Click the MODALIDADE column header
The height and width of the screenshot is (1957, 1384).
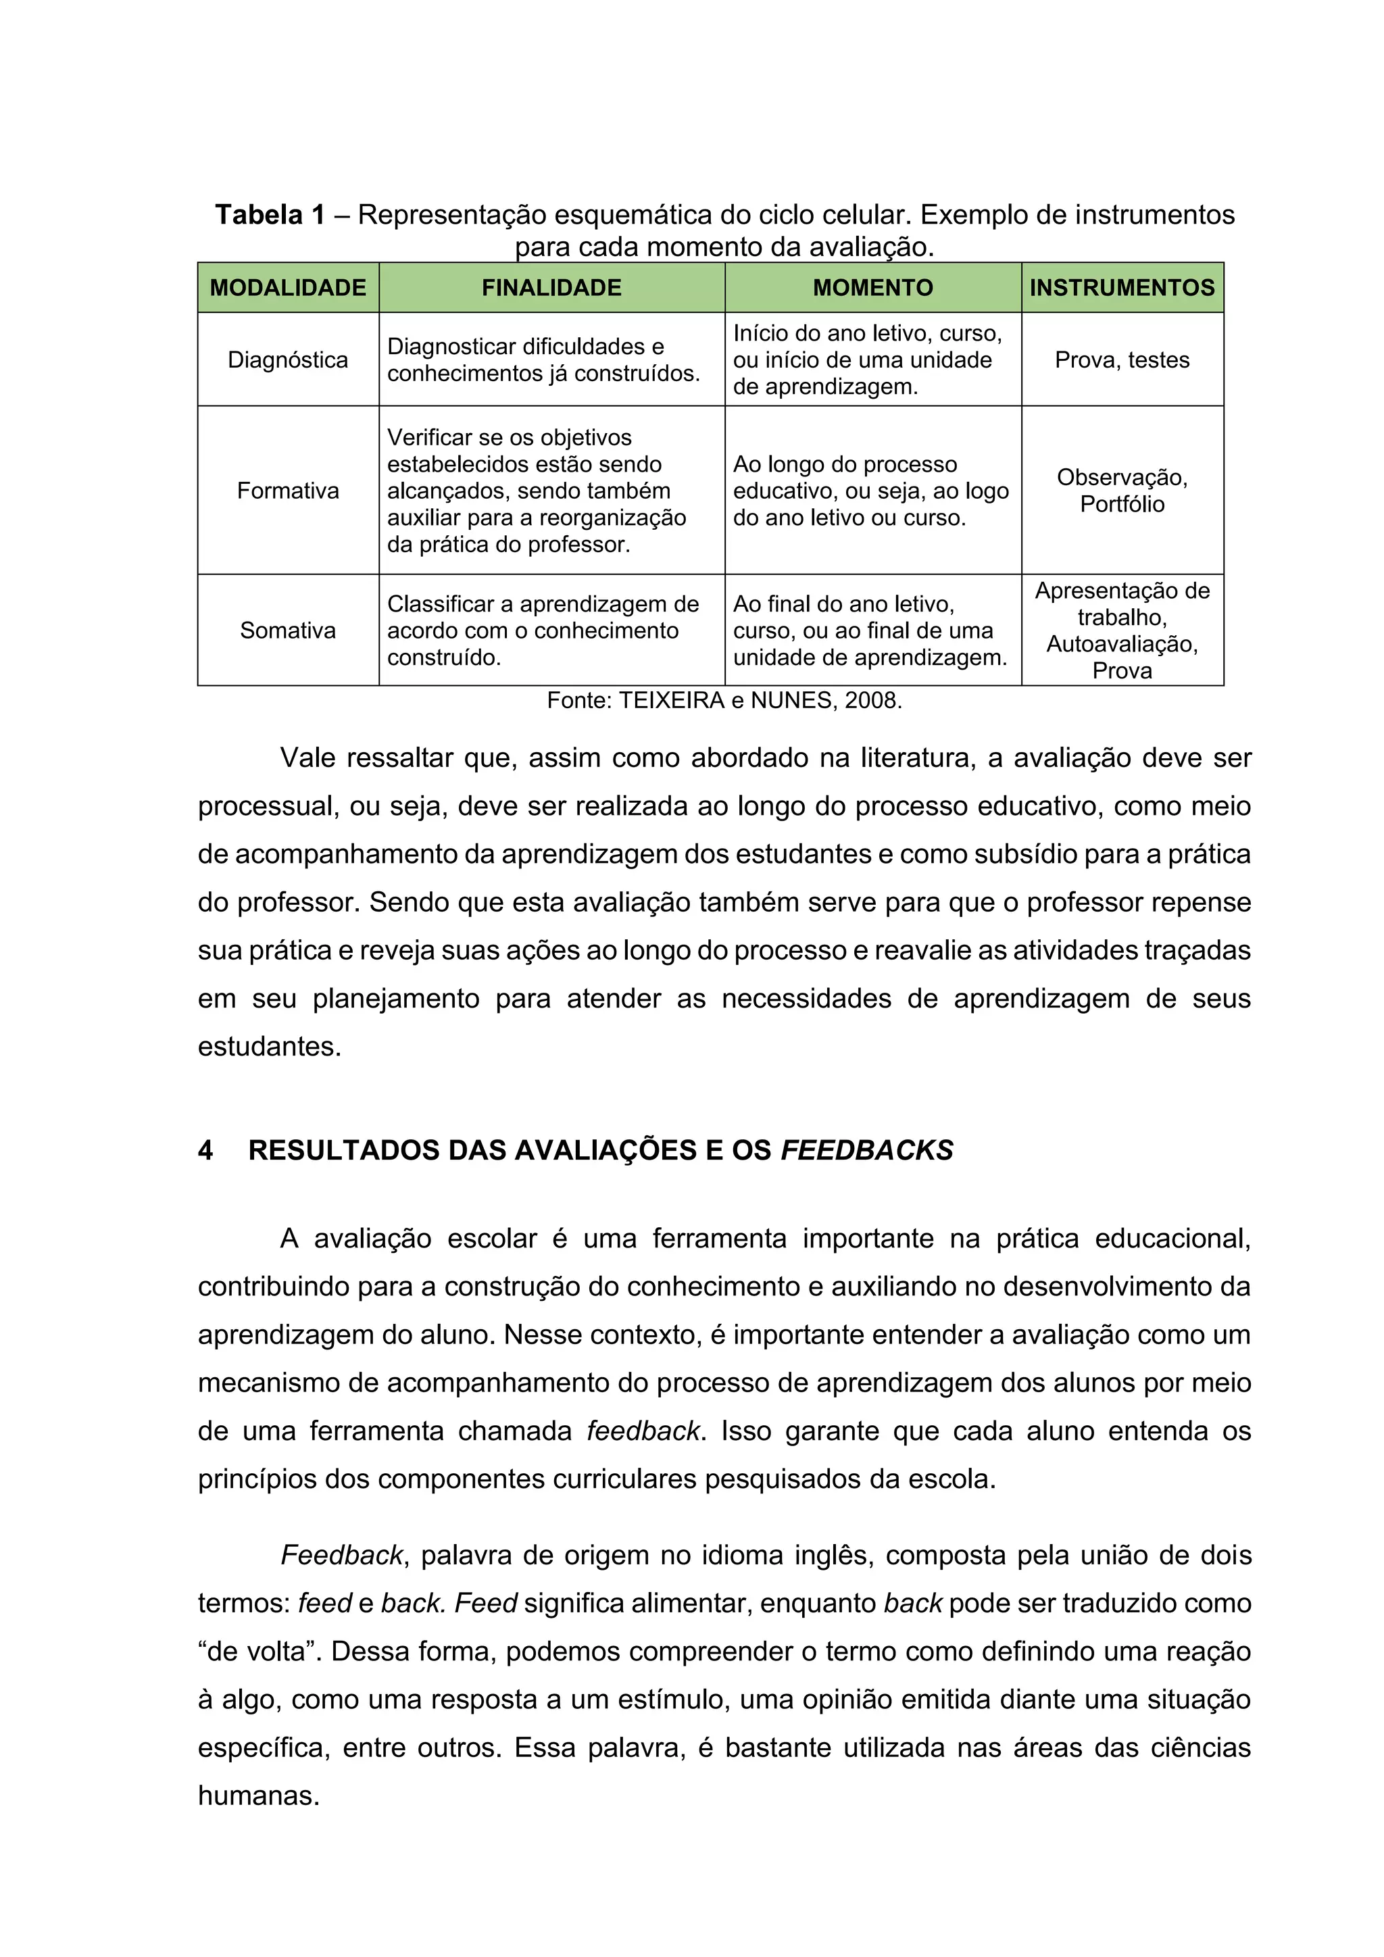pyautogui.click(x=287, y=287)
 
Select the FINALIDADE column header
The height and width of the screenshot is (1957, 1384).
pyautogui.click(x=551, y=287)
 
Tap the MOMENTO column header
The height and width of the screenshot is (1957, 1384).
pyautogui.click(x=872, y=287)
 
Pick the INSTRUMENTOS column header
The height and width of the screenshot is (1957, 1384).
pyautogui.click(x=1122, y=287)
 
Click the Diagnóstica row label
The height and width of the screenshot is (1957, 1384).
pyautogui.click(x=287, y=360)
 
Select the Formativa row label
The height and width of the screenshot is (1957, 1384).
pyautogui.click(x=287, y=491)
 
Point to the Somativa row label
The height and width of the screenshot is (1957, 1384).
pyautogui.click(x=287, y=630)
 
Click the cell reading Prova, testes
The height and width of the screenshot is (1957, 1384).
pyautogui.click(x=1122, y=360)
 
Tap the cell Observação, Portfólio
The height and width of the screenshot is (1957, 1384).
pyautogui.click(x=1122, y=491)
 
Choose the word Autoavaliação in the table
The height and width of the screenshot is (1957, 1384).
pyautogui.click(x=1122, y=645)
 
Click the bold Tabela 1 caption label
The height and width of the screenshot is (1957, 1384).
pyautogui.click(x=270, y=215)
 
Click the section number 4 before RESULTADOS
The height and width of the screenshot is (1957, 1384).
pyautogui.click(x=205, y=1151)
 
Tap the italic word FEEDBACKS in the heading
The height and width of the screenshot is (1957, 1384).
pyautogui.click(x=867, y=1151)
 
